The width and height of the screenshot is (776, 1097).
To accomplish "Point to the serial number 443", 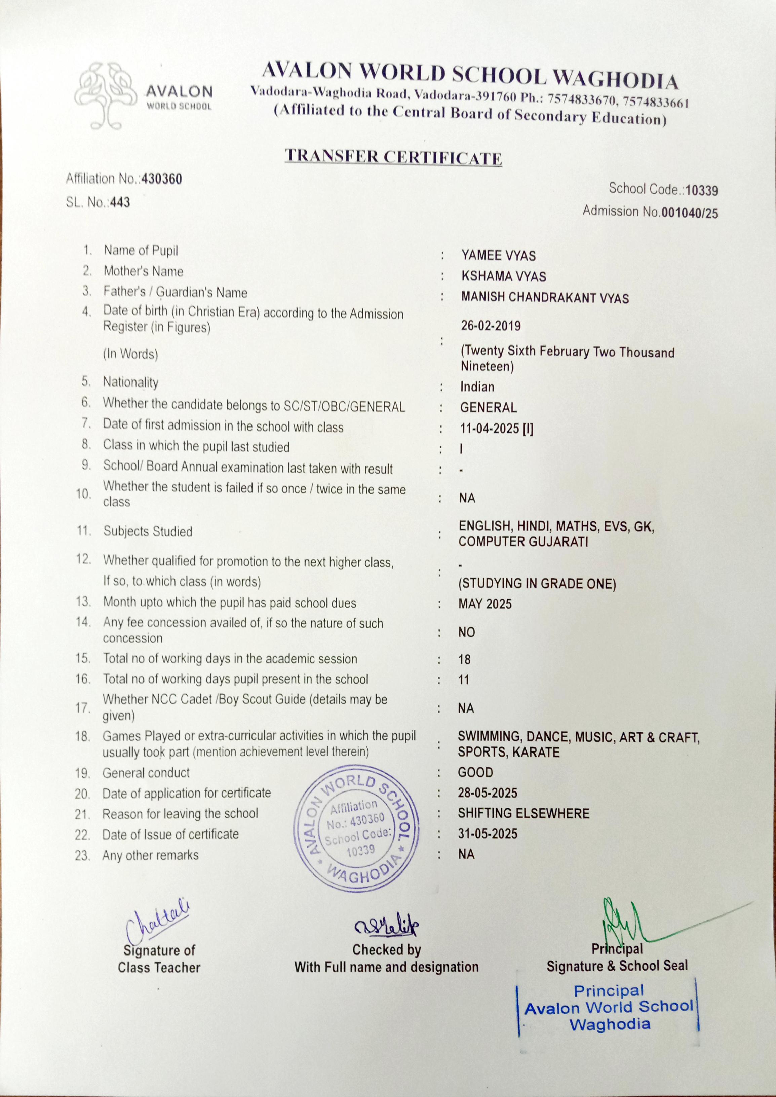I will point(120,203).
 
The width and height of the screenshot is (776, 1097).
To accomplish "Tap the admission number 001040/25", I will point(689,213).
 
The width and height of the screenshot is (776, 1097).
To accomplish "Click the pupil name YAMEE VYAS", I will point(498,256).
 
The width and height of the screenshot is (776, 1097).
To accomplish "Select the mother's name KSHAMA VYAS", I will point(503,276).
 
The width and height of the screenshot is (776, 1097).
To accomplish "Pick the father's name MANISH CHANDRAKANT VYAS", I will point(544,298).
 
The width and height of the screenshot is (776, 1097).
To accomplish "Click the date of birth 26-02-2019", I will point(491,326).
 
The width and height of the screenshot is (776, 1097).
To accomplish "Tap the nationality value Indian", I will point(477,387).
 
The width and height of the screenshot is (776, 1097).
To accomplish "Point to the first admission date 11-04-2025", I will point(489,429).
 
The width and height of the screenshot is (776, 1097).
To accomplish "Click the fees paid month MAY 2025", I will point(484,604).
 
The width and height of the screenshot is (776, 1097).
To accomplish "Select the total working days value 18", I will point(464,660).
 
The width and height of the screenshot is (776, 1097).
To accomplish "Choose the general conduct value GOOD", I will point(475,773).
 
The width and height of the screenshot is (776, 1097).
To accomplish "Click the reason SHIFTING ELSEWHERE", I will point(523,813).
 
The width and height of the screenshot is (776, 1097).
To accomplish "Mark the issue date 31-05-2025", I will point(488,834).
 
